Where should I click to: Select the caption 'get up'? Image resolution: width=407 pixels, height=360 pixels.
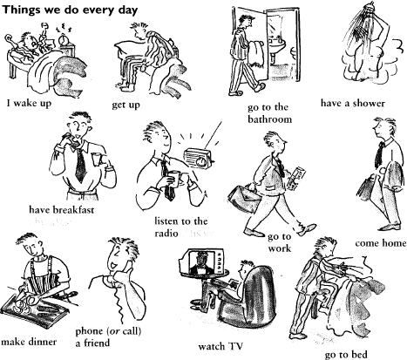coord(128,105)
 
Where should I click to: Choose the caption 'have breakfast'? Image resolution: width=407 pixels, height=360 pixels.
coord(62,209)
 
